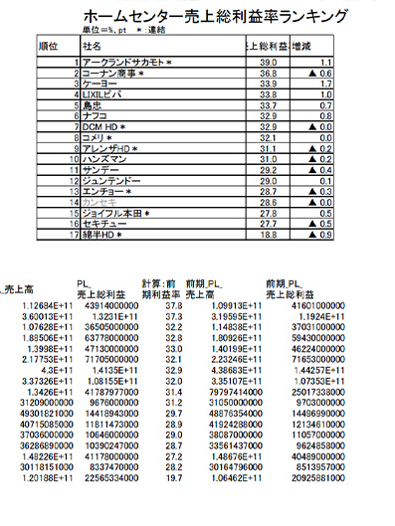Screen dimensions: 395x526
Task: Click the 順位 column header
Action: coord(47,46)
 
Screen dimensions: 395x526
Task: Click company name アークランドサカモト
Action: coord(125,62)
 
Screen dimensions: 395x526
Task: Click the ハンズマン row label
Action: coord(105,159)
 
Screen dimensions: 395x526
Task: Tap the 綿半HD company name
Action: coord(101,236)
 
